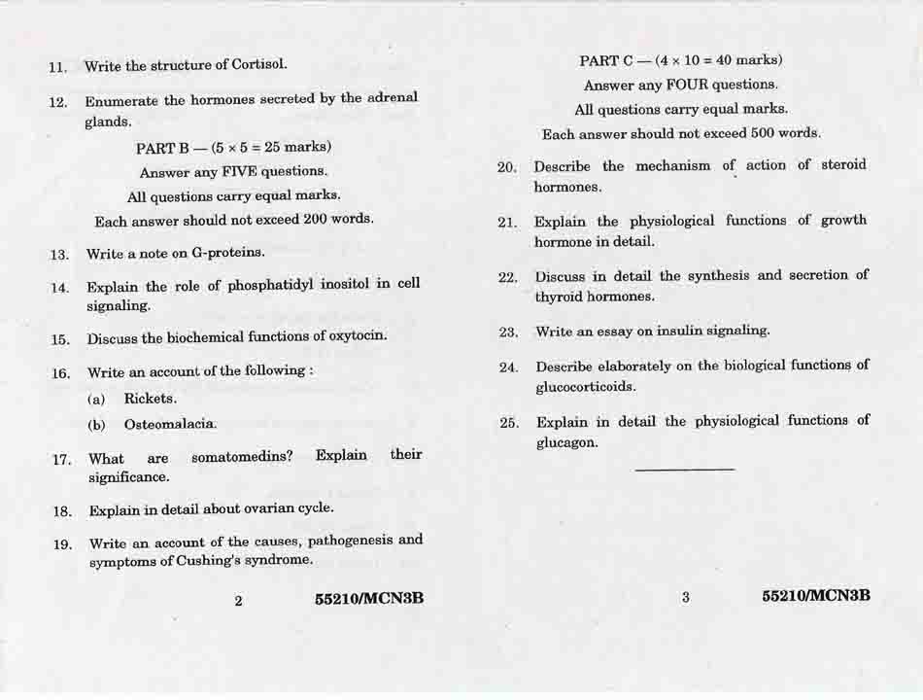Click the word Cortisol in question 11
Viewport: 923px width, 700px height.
pos(258,65)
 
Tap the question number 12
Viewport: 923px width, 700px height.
pos(57,102)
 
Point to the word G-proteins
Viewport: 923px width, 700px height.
pos(227,253)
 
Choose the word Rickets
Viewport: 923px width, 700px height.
pos(150,399)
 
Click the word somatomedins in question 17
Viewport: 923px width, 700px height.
pos(242,456)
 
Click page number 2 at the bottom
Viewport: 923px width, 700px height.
pos(238,600)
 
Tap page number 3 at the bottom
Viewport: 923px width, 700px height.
pos(685,598)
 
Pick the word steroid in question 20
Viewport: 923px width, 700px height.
pos(842,165)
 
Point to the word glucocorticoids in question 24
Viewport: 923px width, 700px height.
pos(586,387)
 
